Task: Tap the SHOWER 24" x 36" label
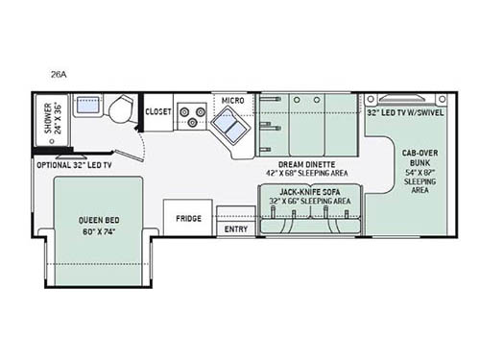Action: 49,119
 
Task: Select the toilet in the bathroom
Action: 120,111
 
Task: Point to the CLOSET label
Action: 158,111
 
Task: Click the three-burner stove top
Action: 192,116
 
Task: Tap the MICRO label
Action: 232,100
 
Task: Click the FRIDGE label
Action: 188,218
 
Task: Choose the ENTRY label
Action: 235,229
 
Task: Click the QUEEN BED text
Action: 98,220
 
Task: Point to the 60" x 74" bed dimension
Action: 98,231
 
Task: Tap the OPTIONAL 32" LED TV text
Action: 75,165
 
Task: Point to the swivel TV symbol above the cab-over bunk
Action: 407,98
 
